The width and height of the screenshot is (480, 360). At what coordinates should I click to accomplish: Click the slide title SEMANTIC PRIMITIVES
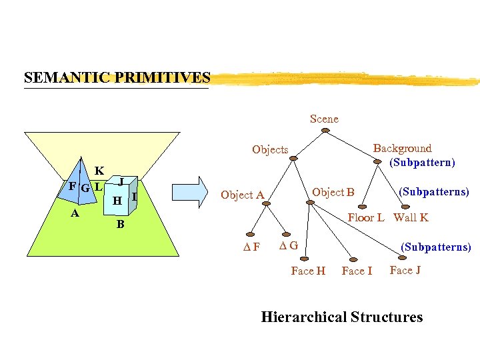[117, 77]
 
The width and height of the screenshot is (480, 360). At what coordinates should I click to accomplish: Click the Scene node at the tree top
[324, 119]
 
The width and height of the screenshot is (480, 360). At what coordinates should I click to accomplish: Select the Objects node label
[270, 149]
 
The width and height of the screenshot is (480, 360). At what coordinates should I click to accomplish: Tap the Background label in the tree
[402, 148]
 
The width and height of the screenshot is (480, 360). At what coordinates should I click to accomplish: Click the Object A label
[243, 195]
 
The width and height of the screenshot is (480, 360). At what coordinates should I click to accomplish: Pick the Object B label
[333, 192]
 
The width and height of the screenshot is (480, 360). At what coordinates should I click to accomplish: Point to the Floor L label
[366, 217]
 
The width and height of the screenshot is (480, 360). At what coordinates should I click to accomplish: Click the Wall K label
[411, 217]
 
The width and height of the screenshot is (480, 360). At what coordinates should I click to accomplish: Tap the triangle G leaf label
[288, 246]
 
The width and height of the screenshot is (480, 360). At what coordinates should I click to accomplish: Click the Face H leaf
[308, 271]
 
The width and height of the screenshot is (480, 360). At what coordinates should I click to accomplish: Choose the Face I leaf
[357, 271]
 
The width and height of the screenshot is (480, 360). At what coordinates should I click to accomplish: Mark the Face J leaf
[405, 270]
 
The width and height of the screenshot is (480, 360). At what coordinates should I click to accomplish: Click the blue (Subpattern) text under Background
[423, 162]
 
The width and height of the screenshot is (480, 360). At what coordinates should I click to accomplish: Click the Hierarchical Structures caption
[341, 317]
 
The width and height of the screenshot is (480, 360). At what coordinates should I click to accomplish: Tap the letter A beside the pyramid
[75, 213]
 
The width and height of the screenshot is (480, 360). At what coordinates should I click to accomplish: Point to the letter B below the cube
[120, 224]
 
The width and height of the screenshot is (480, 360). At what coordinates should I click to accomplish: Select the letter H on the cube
[117, 200]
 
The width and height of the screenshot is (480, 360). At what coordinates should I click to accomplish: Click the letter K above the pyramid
[99, 171]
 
